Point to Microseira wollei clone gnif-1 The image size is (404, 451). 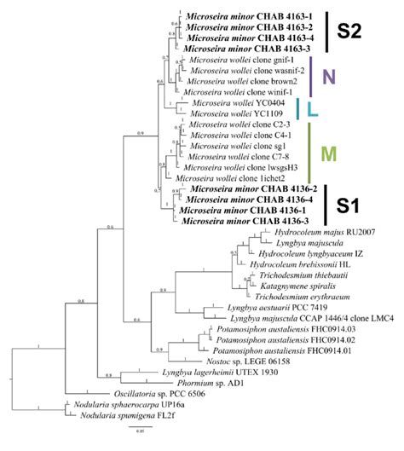(x=240, y=61)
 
